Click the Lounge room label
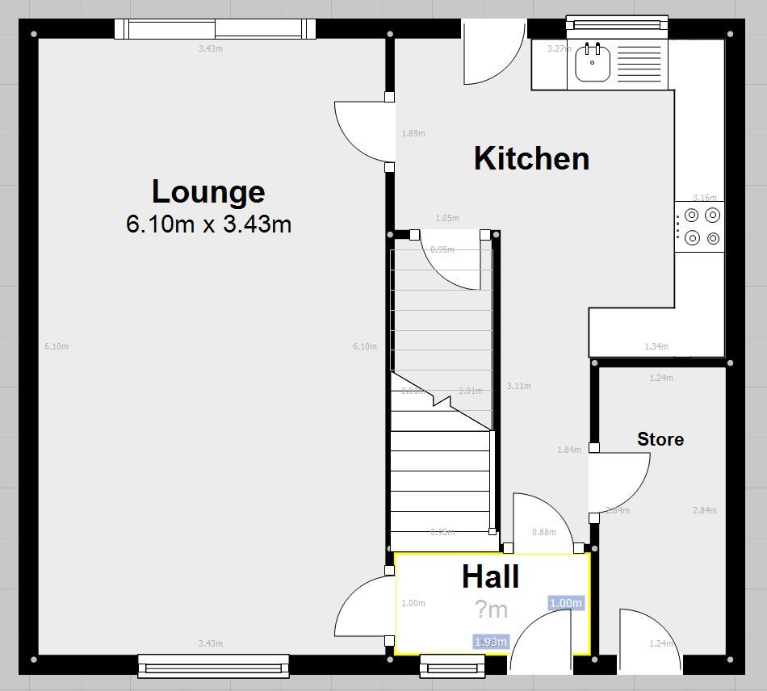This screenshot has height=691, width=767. click(x=208, y=191)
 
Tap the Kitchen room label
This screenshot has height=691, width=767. click(x=531, y=158)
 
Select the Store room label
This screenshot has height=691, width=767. click(x=660, y=439)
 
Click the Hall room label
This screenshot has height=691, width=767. click(x=490, y=576)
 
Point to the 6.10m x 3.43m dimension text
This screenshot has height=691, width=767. click(x=208, y=224)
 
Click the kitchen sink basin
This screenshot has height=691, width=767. click(x=593, y=65)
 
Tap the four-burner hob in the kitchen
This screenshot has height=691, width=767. click(x=701, y=227)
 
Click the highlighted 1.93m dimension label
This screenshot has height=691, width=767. click(x=491, y=642)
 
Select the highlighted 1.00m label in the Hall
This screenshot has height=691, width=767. click(x=565, y=603)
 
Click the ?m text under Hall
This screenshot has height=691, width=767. click(x=490, y=609)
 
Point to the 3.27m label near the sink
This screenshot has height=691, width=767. click(x=560, y=48)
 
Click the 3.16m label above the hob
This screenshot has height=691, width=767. click(x=704, y=198)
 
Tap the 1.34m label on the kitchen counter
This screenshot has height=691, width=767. click(x=656, y=347)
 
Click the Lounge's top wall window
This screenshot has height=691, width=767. click(x=214, y=30)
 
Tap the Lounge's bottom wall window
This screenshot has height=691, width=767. click(x=213, y=665)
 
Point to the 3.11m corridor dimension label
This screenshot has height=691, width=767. click(x=518, y=386)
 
